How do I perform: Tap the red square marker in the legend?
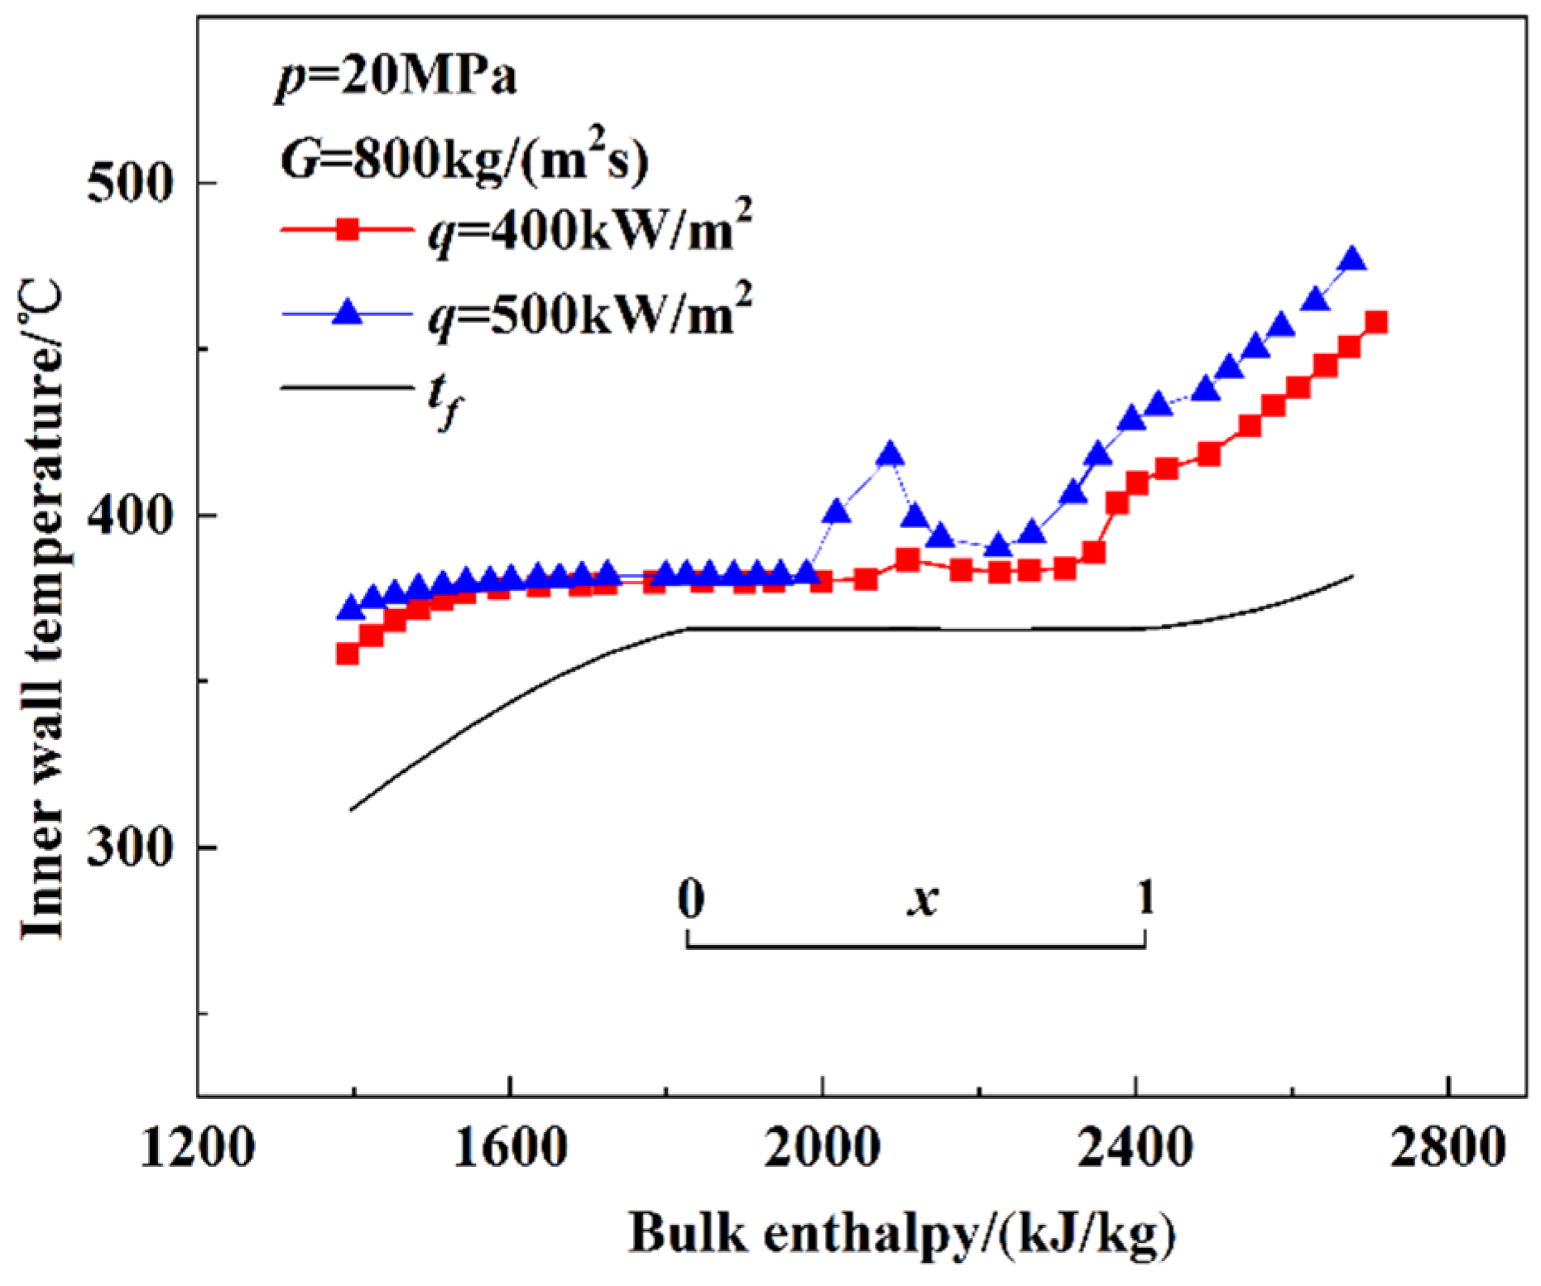pos(348,229)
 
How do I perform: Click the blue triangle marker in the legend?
pos(348,313)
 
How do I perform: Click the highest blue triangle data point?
pos(1352,259)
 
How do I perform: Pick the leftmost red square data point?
pos(348,654)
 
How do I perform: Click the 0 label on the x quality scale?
pos(691,899)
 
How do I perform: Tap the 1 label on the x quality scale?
pos(1146,897)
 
